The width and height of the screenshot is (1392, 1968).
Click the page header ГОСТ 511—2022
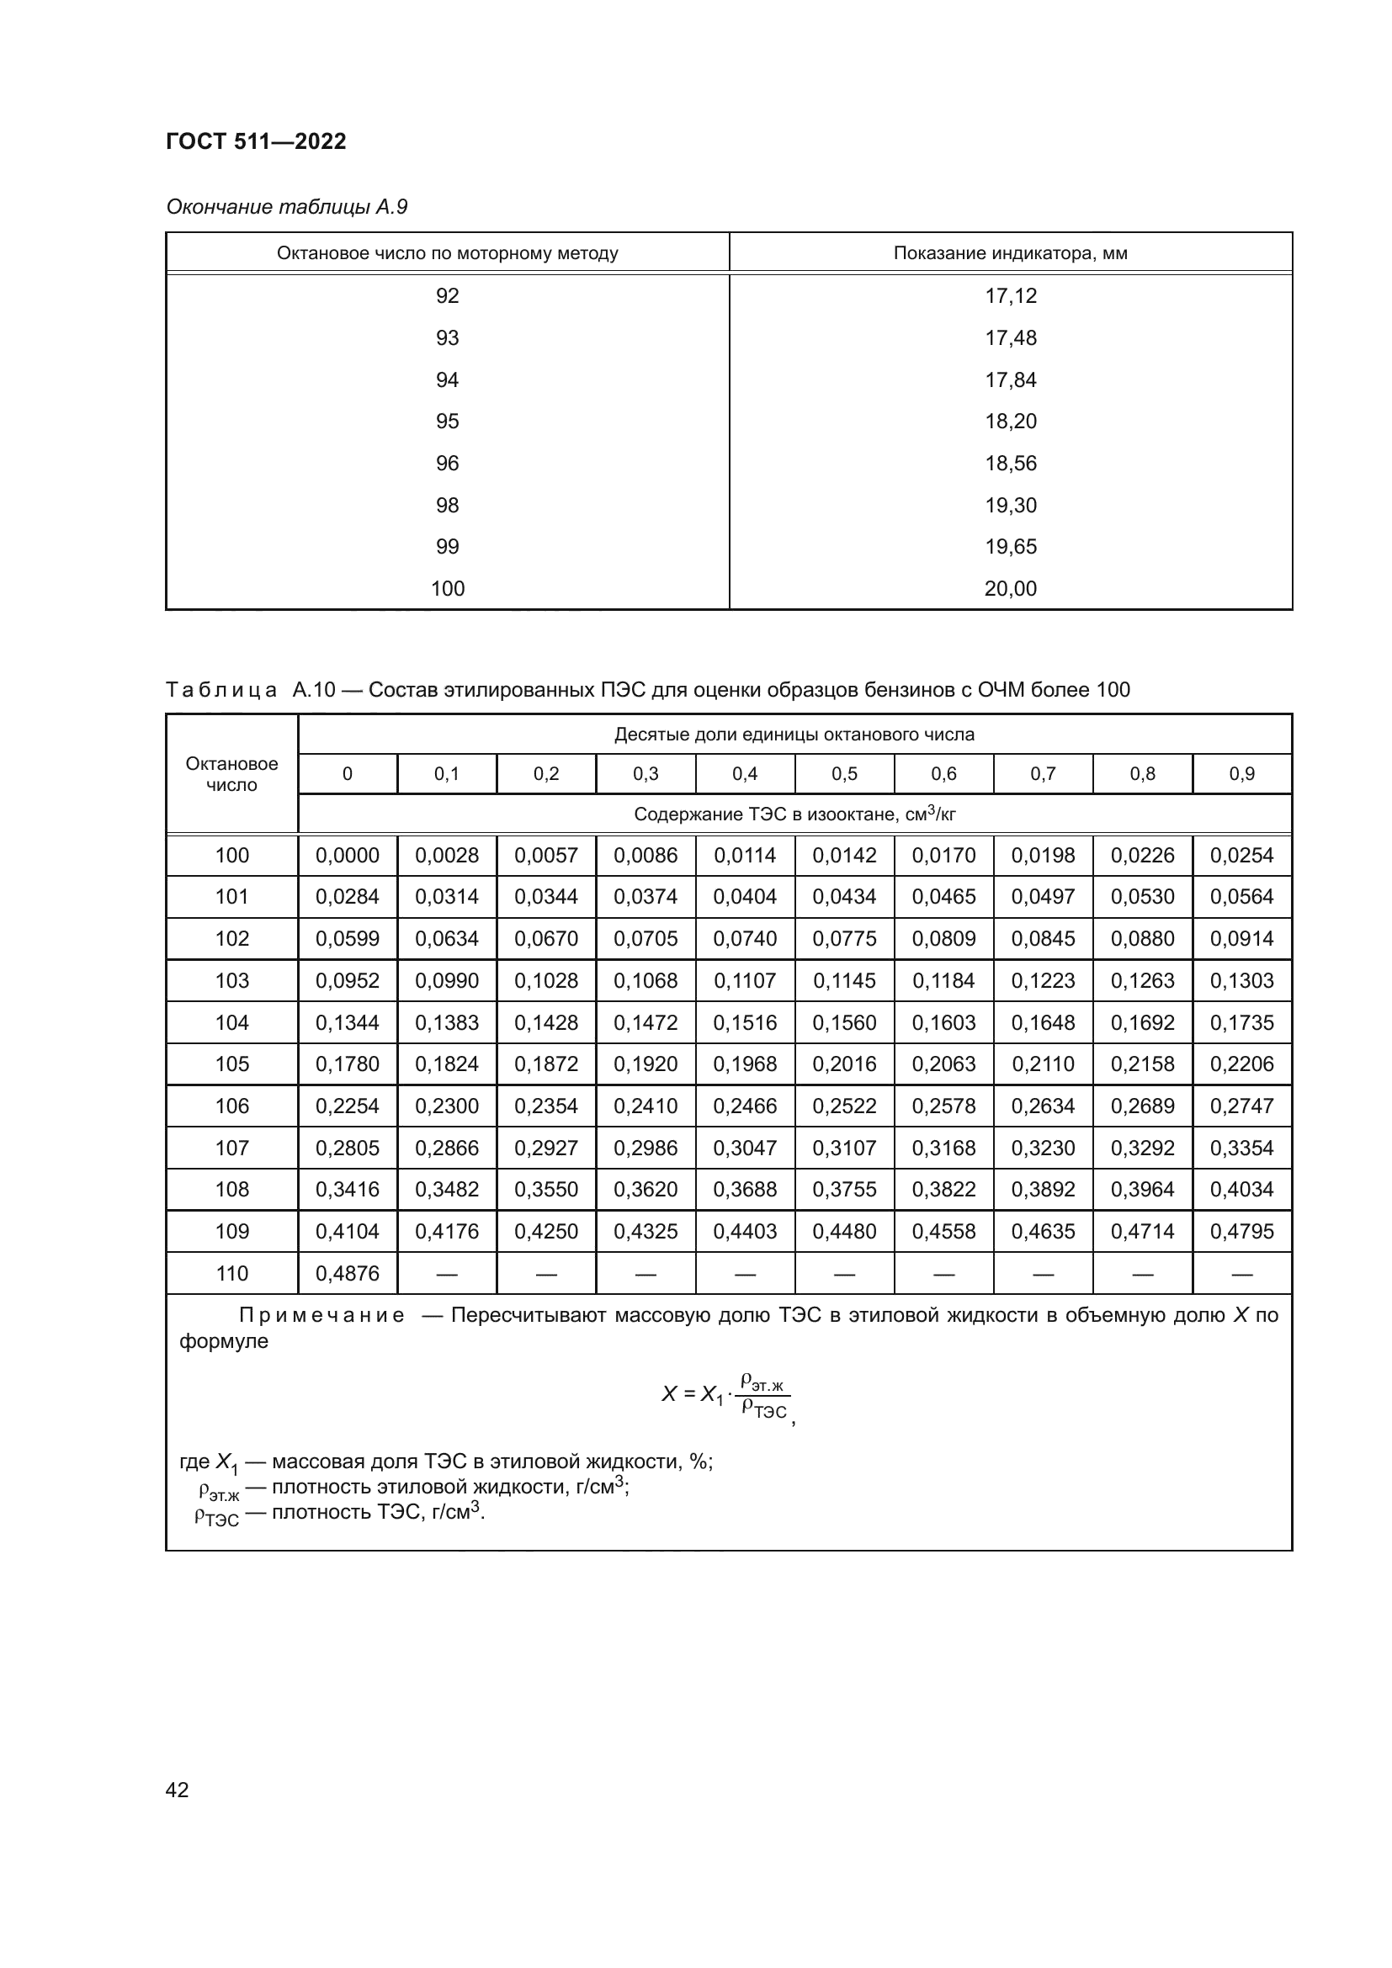(256, 141)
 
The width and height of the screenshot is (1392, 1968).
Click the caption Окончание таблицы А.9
(286, 207)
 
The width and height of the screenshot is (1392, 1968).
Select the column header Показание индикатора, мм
(1010, 253)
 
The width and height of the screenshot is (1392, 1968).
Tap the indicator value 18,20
(1010, 421)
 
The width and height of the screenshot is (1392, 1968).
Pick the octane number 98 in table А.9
(447, 505)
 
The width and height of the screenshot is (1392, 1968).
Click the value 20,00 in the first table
(1010, 589)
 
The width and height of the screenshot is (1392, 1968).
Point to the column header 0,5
(843, 774)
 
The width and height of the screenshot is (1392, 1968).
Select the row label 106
(231, 1106)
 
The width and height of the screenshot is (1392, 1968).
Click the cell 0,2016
(843, 1064)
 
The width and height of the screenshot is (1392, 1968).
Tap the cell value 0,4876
(347, 1273)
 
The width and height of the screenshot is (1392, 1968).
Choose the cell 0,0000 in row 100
(347, 856)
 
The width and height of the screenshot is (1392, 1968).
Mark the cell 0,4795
(1241, 1231)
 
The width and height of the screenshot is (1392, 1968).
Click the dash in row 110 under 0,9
(1241, 1274)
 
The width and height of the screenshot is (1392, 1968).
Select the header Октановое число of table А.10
(231, 774)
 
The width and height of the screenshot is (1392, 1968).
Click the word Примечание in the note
(321, 1316)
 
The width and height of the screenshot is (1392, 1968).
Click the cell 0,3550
(546, 1189)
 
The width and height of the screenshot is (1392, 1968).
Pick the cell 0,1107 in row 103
(744, 980)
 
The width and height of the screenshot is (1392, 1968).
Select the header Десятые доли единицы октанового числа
(794, 735)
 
